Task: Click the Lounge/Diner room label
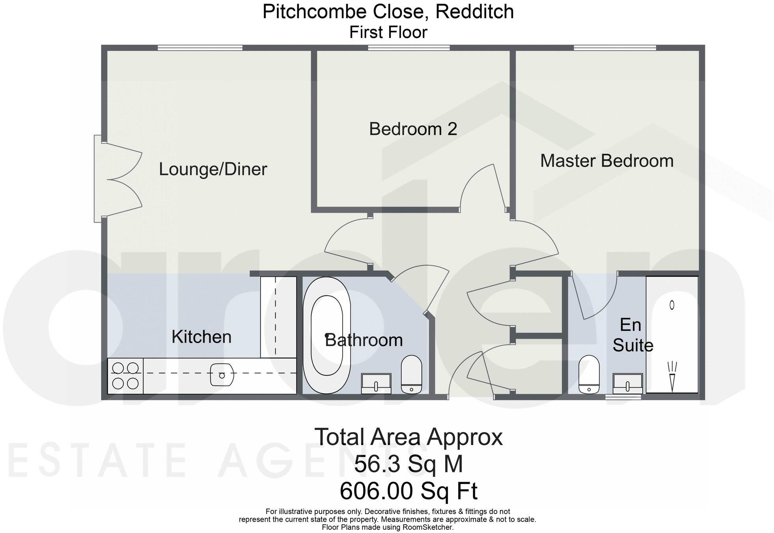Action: tap(213, 170)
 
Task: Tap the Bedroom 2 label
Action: tap(413, 129)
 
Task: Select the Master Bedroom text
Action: tap(606, 161)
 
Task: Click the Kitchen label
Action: tap(201, 337)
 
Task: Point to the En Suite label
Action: tap(632, 335)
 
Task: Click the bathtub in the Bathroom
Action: tap(326, 335)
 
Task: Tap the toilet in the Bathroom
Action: tap(411, 375)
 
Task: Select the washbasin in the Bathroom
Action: tap(376, 383)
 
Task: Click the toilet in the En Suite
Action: tap(589, 375)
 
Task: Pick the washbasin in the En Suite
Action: tap(627, 383)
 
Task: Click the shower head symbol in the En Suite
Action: tap(672, 375)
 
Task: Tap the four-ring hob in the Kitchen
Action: tap(125, 376)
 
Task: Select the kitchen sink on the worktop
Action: tap(222, 375)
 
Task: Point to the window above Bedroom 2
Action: tap(409, 48)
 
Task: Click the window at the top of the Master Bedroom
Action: tap(615, 48)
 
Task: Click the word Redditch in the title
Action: tap(475, 11)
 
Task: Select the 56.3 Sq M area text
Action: tap(408, 464)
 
